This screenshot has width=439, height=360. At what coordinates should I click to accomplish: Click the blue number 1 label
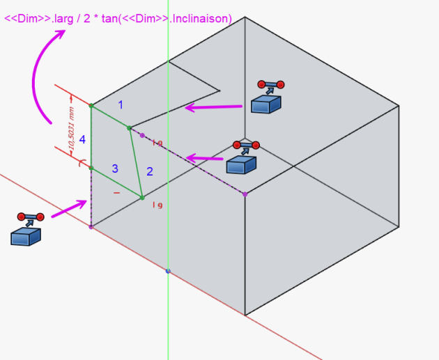(121, 105)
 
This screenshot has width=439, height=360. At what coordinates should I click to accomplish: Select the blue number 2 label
(148, 171)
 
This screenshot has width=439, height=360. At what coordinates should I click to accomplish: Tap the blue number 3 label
(115, 169)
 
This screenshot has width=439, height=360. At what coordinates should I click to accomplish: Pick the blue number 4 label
(82, 140)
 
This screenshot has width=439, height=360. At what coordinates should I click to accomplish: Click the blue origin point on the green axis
(168, 270)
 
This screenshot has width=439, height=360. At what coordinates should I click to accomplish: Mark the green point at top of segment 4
(91, 106)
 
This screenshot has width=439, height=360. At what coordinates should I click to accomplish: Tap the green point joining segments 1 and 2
(129, 128)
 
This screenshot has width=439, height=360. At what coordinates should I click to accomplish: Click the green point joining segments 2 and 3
(142, 198)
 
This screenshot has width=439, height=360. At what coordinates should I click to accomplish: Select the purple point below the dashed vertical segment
(91, 227)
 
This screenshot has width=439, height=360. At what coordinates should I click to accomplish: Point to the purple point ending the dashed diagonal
(245, 194)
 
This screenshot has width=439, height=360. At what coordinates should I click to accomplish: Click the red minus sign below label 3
(116, 192)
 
